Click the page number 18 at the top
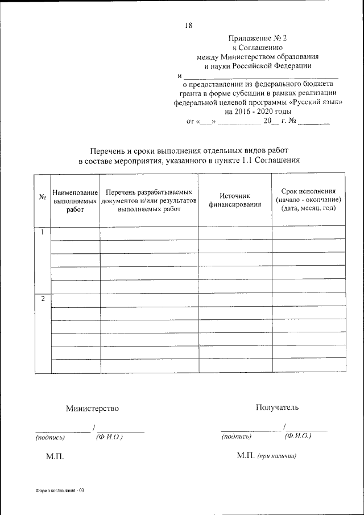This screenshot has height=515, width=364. [189, 25]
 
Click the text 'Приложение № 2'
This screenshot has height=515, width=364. [254, 38]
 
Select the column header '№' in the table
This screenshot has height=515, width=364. [42, 197]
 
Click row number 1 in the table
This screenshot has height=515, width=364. [42, 232]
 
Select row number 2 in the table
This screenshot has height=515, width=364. [42, 299]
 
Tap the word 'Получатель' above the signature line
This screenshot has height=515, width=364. [277, 407]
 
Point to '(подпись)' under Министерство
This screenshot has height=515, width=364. [50, 438]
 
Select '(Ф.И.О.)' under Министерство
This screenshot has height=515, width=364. [110, 436]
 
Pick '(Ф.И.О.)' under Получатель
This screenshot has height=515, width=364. [297, 436]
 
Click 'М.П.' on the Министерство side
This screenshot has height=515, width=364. [55, 457]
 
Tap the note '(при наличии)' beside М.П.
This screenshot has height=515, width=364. [277, 456]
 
